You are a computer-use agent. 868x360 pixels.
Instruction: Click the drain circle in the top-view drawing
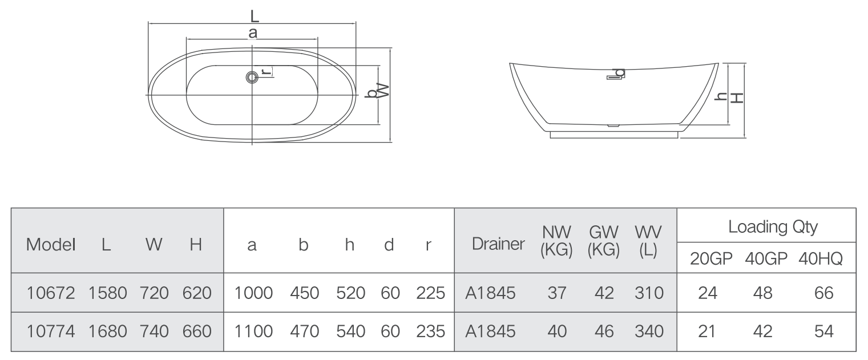coord(252,78)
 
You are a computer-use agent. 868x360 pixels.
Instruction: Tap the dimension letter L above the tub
coord(254,17)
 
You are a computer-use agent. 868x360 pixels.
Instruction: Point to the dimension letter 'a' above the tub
coord(253,33)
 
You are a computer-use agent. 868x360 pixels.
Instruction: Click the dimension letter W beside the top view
coord(383,91)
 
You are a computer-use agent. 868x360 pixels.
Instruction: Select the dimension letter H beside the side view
coord(737,98)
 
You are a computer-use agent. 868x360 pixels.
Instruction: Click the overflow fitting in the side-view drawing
coord(615,74)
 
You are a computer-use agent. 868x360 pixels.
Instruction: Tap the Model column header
coord(51,245)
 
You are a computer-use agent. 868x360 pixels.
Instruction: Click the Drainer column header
coord(498,244)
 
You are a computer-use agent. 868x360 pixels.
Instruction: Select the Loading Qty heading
coord(773,227)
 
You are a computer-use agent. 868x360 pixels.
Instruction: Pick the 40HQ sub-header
coord(821,258)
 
